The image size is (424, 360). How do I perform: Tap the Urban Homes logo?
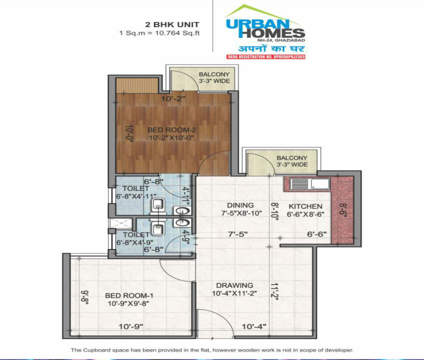click(x=265, y=26)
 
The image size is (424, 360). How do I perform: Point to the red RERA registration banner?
click(x=265, y=56)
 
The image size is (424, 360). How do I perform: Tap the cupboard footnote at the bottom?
click(x=212, y=350)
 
